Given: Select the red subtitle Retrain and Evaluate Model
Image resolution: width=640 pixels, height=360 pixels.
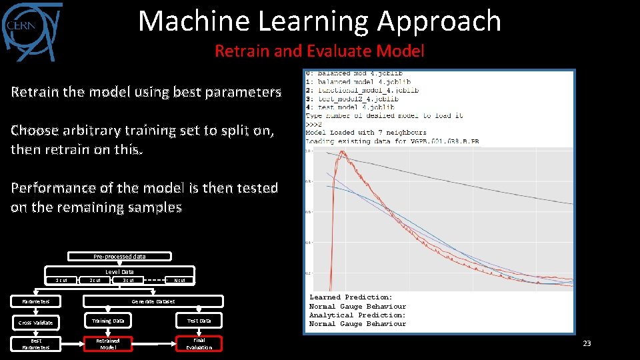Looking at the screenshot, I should [x=319, y=51].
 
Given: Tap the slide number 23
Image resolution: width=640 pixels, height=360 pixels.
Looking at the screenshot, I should [x=587, y=343].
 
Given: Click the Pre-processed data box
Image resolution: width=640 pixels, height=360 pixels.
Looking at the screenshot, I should [x=119, y=256].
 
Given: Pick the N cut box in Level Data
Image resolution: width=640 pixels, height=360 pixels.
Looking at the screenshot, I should [x=179, y=280].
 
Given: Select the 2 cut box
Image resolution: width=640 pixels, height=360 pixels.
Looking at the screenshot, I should [x=95, y=280].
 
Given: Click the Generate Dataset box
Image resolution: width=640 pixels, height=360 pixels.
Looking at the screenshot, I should [x=153, y=301].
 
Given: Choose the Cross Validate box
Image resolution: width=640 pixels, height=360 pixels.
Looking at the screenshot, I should [x=35, y=322].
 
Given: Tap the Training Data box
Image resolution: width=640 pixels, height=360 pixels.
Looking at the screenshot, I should [x=108, y=321].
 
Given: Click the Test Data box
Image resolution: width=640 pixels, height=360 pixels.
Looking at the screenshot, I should [x=199, y=321].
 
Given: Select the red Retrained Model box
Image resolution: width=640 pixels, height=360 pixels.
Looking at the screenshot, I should [x=108, y=343].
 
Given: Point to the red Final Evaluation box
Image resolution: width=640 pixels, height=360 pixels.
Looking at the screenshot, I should [x=199, y=343].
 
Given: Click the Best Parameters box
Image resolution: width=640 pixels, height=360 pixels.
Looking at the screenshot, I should [x=35, y=343].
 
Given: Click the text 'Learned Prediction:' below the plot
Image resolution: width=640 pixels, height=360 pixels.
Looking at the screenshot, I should [x=351, y=297].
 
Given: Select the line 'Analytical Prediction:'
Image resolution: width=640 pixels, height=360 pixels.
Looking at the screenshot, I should [x=357, y=315].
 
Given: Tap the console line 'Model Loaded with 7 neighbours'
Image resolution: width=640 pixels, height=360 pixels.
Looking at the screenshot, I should [x=366, y=133].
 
